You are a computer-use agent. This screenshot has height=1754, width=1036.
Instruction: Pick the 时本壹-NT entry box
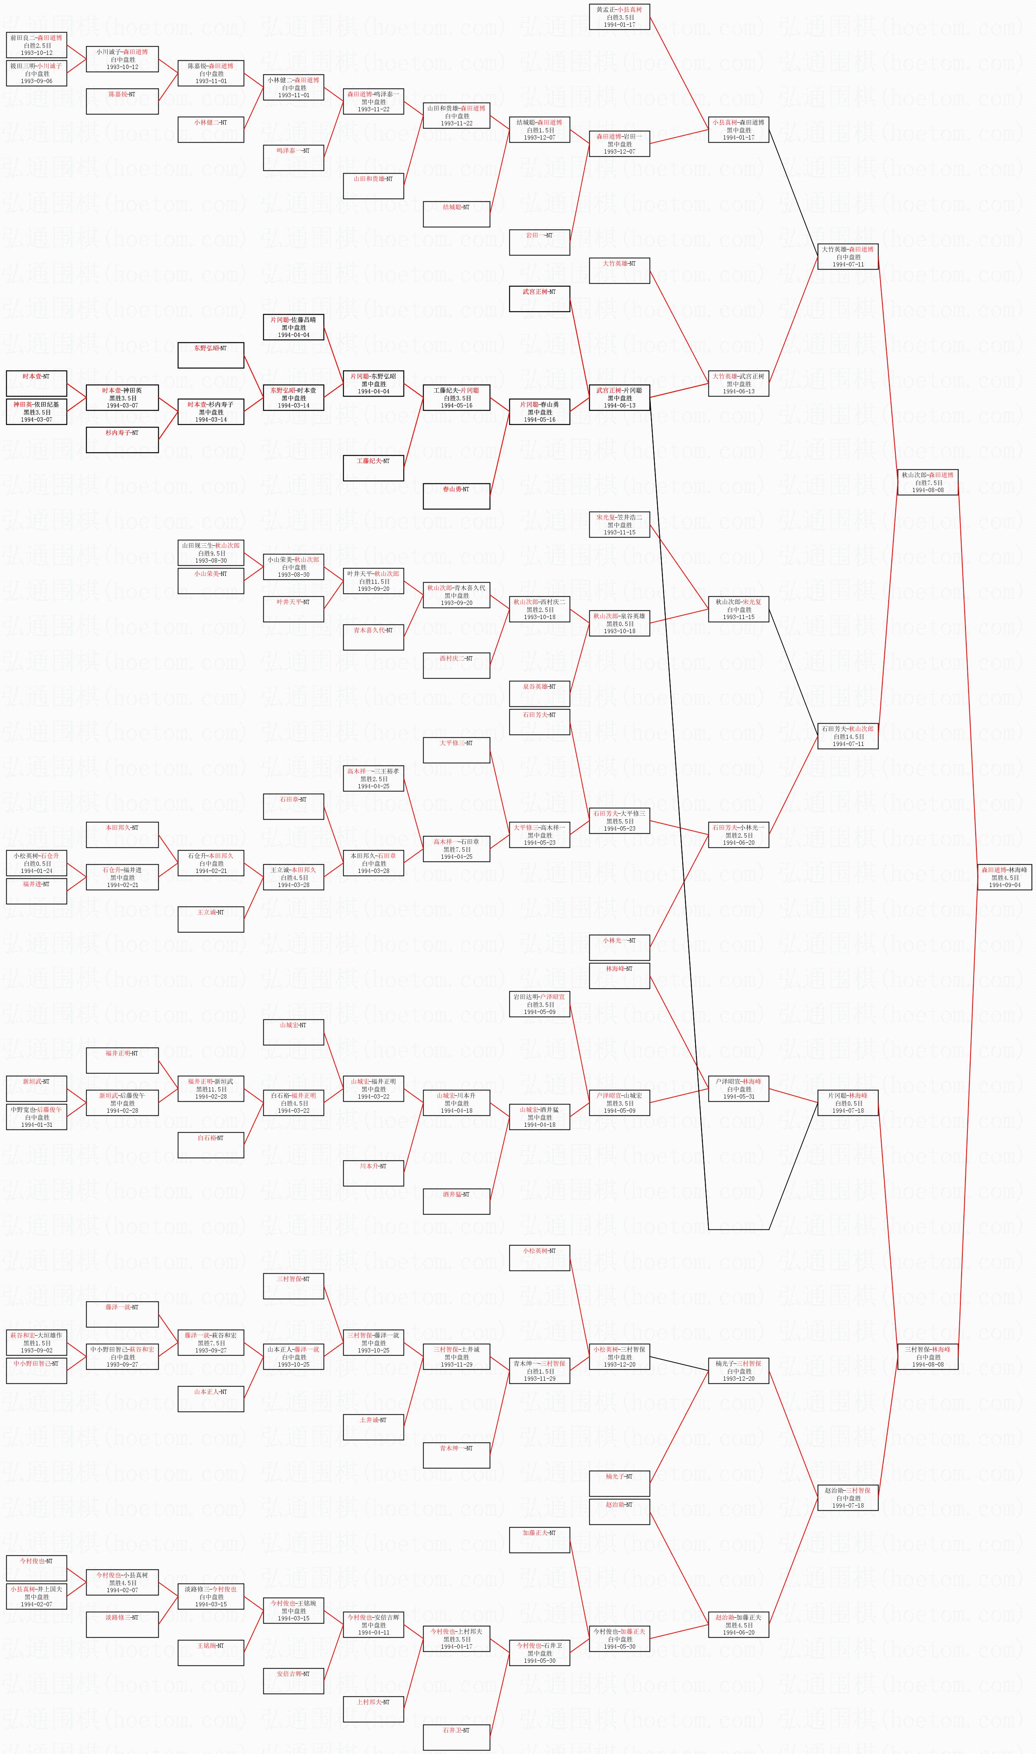(36, 383)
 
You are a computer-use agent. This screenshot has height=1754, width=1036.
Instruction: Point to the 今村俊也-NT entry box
(36, 1568)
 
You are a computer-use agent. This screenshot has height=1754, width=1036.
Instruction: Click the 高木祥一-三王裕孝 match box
(373, 778)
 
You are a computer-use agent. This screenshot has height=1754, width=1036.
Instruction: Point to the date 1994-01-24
(36, 871)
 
